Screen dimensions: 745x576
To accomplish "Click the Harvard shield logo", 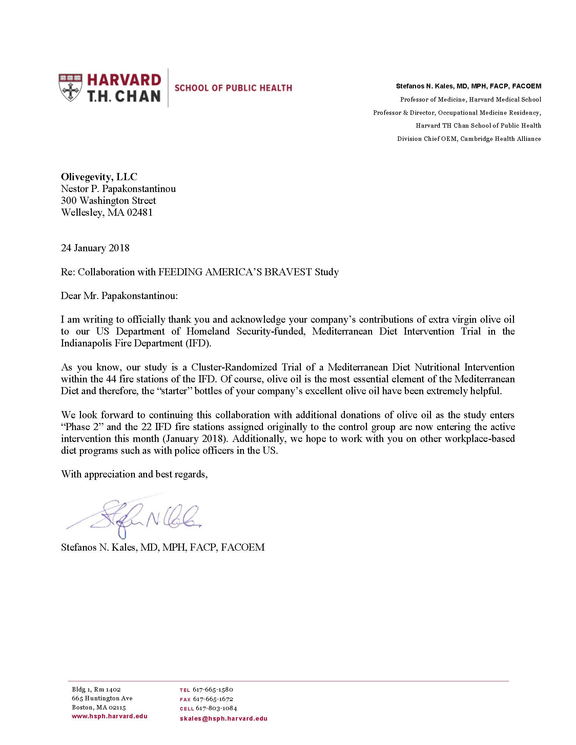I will pyautogui.click(x=70, y=87).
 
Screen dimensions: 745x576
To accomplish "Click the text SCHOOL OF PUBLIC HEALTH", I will pyautogui.click(x=233, y=88).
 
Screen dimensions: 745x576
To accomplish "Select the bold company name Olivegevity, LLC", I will pyautogui.click(x=99, y=177).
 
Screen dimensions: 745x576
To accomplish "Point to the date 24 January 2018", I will pyautogui.click(x=95, y=248).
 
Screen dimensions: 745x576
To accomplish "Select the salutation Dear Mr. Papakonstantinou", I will pyautogui.click(x=119, y=296).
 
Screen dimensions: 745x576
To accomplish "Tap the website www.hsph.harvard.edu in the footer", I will pyautogui.click(x=109, y=716).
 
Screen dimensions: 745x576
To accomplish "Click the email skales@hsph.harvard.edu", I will pyautogui.click(x=224, y=718).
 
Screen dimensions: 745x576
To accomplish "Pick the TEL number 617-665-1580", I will pyautogui.click(x=212, y=689).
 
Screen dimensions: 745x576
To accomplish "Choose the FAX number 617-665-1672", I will pyautogui.click(x=213, y=699).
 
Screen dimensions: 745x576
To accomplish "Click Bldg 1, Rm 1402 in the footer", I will pyautogui.click(x=96, y=689).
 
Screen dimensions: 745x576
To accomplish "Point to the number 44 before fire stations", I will pyautogui.click(x=111, y=379).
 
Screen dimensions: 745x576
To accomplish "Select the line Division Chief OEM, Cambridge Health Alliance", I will pyautogui.click(x=469, y=139).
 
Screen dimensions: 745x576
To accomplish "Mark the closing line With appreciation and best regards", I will pyautogui.click(x=135, y=474).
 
